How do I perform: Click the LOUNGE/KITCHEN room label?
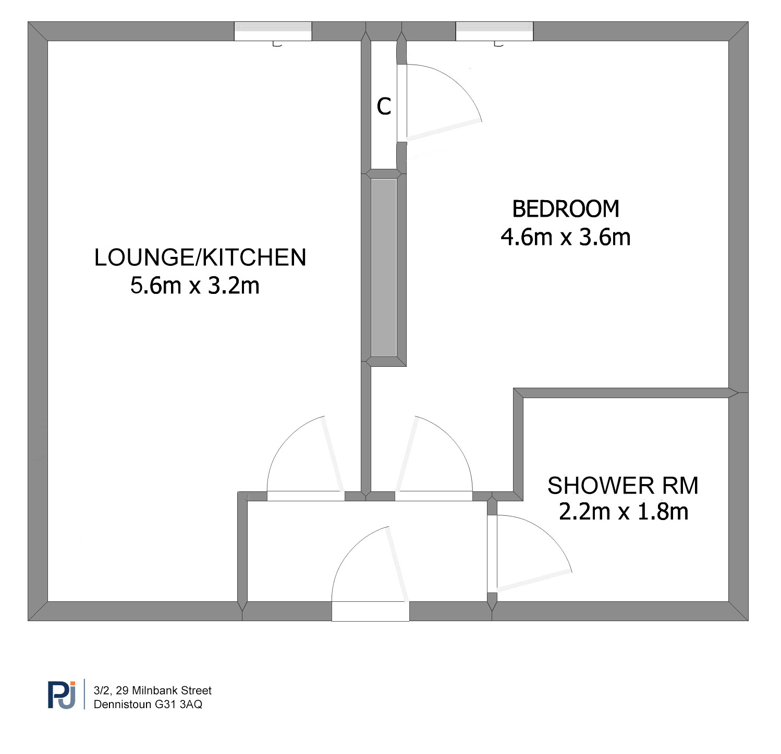[x=200, y=257]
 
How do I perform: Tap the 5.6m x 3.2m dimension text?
[x=195, y=286]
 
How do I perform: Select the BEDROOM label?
[x=566, y=209]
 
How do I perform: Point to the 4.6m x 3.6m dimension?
[x=566, y=237]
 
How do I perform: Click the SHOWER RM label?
[x=623, y=486]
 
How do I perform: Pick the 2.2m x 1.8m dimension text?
[x=624, y=512]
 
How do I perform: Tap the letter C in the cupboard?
[x=384, y=106]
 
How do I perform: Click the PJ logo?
[x=62, y=695]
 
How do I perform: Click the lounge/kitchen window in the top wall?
[x=273, y=31]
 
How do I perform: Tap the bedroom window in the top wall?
[x=495, y=31]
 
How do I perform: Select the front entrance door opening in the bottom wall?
[x=371, y=611]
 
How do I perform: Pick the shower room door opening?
[x=492, y=554]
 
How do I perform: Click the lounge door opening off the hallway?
[x=306, y=496]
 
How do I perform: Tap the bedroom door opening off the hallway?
[x=434, y=496]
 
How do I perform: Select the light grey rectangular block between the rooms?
[x=384, y=268]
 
